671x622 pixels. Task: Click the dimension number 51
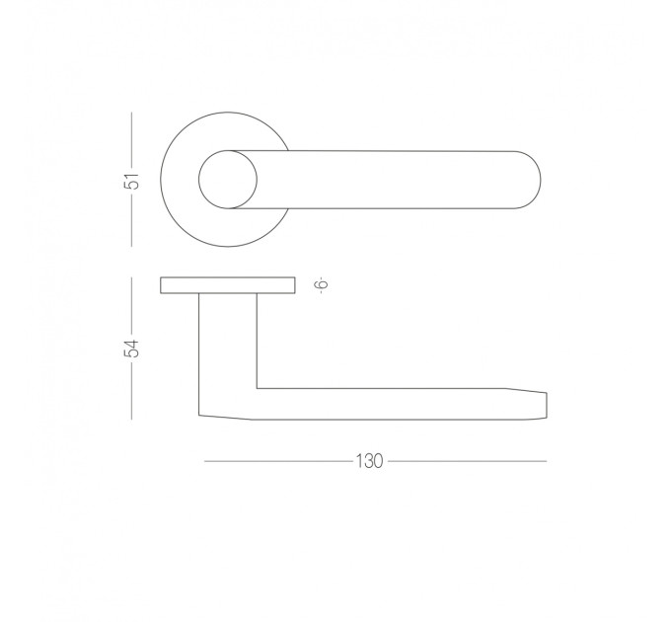[134, 181]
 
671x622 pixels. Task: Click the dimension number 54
[132, 349]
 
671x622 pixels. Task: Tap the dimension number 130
[369, 461]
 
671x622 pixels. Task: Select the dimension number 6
[322, 283]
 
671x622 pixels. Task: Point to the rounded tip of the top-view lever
[540, 180]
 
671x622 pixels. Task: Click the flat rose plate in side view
[228, 285]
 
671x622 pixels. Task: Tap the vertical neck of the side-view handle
[228, 343]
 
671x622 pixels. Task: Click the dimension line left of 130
[279, 461]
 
